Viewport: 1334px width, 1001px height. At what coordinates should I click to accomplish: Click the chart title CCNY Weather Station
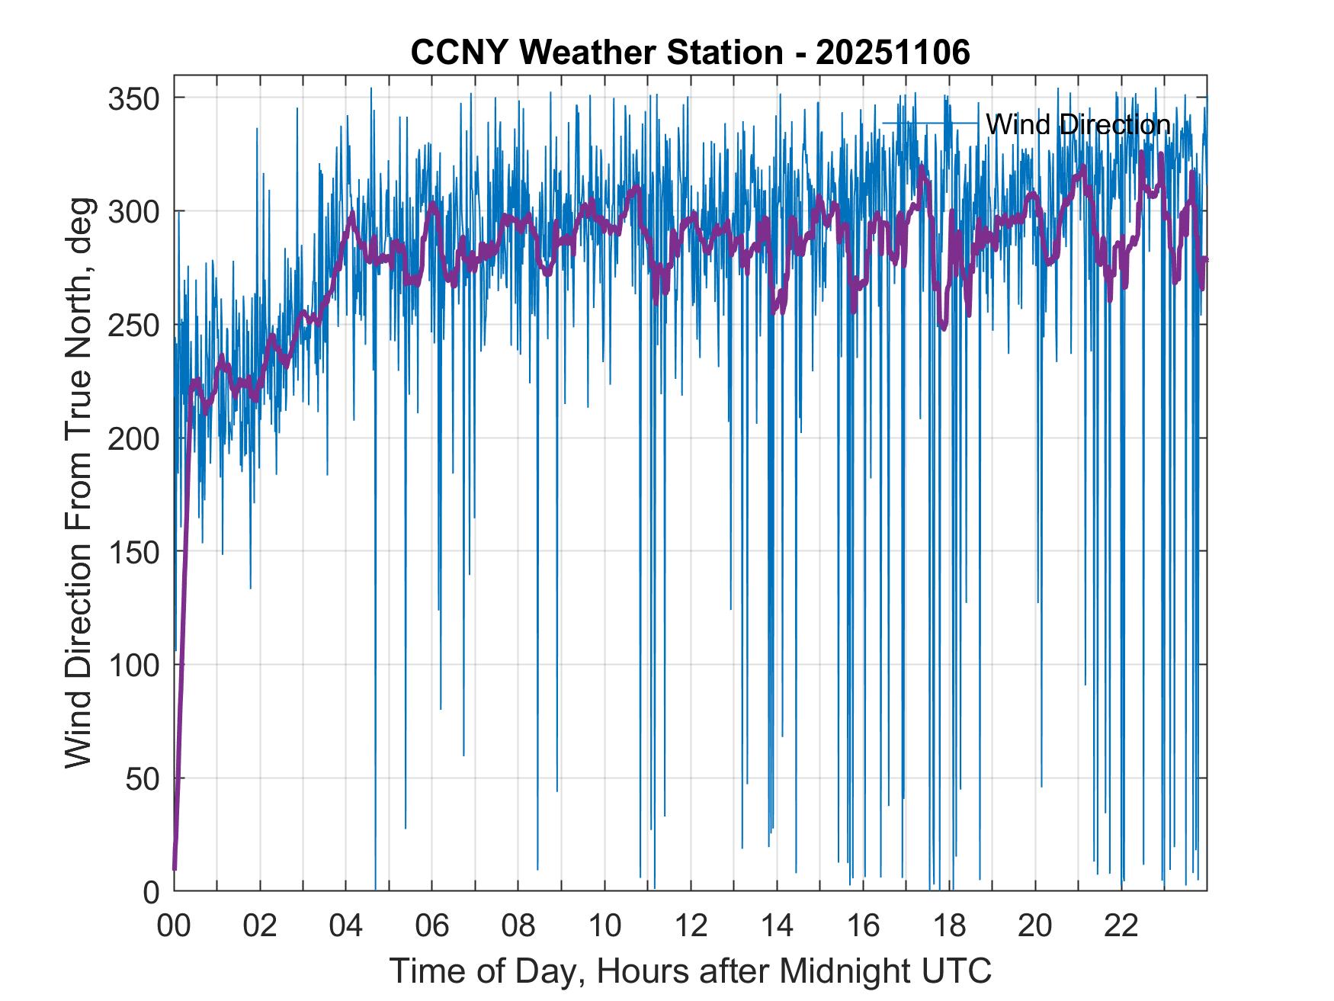(597, 53)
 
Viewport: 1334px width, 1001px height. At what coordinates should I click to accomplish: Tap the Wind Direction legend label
(1078, 124)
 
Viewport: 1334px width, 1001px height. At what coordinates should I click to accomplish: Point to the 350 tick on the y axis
(133, 98)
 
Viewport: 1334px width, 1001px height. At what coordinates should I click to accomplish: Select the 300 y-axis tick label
(133, 212)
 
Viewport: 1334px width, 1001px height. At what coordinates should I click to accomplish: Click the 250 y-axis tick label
(133, 326)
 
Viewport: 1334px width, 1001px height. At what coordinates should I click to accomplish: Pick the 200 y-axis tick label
(133, 439)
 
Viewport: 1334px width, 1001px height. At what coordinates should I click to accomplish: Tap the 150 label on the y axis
(133, 552)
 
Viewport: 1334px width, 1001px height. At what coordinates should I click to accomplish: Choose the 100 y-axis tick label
(133, 666)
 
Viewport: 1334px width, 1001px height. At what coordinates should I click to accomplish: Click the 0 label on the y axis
(151, 892)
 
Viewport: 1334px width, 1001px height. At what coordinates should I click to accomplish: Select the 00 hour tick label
(174, 927)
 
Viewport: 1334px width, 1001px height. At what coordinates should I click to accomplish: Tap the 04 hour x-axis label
(346, 927)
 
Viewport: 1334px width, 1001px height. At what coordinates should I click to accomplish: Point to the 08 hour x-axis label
(518, 927)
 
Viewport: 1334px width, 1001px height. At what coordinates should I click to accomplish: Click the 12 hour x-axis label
(691, 927)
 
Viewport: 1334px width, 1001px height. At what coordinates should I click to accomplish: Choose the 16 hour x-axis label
(863, 927)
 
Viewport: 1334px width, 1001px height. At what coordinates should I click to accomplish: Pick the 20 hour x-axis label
(1035, 927)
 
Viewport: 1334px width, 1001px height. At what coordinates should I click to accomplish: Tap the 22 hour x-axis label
(1121, 927)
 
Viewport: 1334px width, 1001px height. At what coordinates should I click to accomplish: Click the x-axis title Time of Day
(691, 971)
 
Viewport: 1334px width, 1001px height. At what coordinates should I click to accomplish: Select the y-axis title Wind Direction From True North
(79, 483)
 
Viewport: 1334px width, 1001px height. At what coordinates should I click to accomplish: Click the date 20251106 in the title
(893, 53)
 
